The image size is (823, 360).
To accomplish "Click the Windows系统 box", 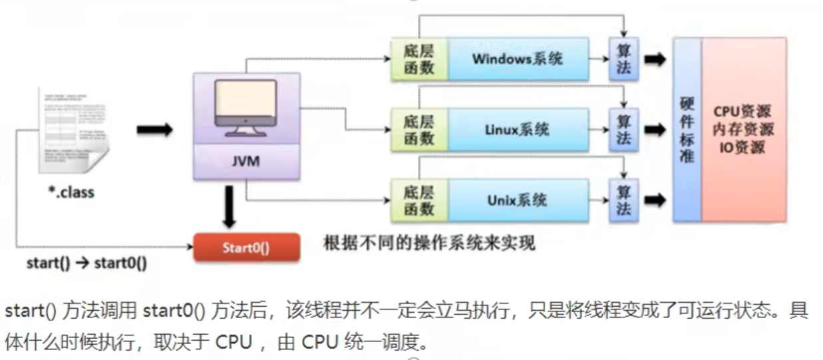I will click(518, 59).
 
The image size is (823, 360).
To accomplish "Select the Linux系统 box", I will click(518, 129).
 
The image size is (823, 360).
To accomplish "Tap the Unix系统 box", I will click(518, 200).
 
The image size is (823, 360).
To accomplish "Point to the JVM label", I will click(246, 162).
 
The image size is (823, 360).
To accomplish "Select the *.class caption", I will click(72, 193).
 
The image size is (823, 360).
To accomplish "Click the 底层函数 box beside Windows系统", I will click(419, 59).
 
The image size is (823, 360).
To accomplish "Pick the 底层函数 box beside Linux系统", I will click(419, 129).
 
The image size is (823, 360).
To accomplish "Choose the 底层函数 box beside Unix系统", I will click(419, 200).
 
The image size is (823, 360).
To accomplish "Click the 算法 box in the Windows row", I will click(623, 59).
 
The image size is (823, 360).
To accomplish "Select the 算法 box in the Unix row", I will click(623, 200).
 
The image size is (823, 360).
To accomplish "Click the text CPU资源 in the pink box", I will click(742, 111).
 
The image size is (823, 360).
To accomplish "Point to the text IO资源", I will click(742, 148).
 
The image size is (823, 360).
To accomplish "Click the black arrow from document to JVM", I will click(154, 129).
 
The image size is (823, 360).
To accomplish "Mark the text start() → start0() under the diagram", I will click(86, 262).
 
